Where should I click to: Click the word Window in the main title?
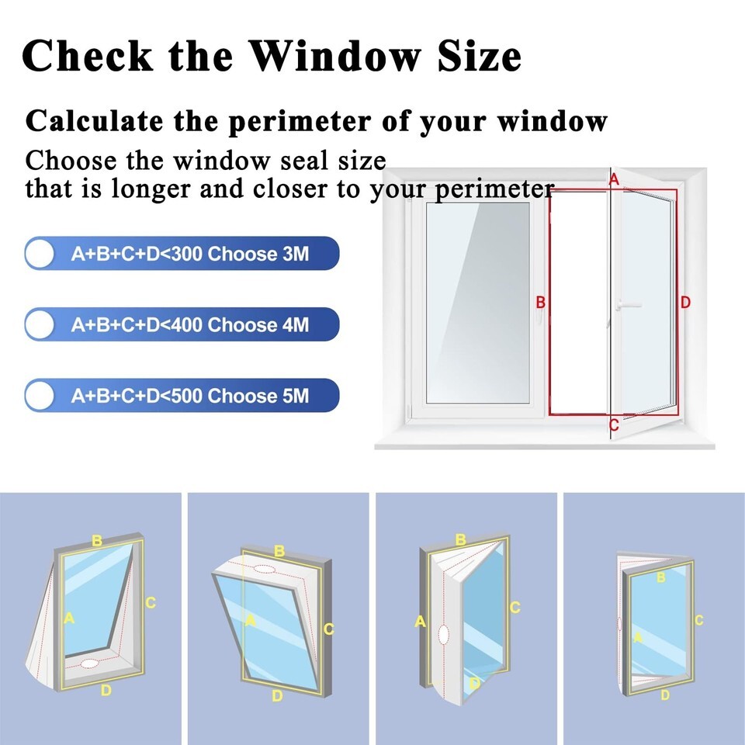coord(334,56)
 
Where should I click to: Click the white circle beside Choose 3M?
coord(40,253)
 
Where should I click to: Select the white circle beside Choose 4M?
coord(40,324)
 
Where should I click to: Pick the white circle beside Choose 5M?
coord(40,395)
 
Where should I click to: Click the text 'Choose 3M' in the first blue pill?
coord(258,254)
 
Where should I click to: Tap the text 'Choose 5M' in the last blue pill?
coord(258,396)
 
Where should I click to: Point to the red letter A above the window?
coord(614,179)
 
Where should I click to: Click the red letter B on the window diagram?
coord(540,302)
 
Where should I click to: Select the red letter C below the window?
coord(614,424)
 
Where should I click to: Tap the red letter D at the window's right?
coord(684,302)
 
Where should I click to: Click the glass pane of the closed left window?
coord(477,303)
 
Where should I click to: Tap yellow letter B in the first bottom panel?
coord(97,541)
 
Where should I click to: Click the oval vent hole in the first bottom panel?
coord(89,664)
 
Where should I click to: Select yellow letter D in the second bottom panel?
coord(278,696)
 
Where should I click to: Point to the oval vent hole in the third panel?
coord(443,634)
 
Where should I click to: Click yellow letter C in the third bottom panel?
coord(515,607)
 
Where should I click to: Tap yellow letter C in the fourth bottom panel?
coord(698,620)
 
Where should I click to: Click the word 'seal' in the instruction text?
coord(305,161)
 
